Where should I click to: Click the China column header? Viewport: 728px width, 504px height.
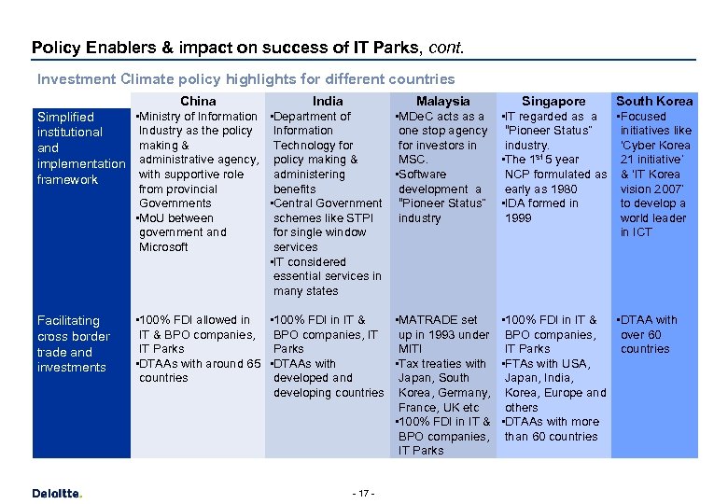point(198,101)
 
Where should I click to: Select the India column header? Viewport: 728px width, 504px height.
point(328,101)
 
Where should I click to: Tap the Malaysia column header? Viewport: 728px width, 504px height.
point(442,101)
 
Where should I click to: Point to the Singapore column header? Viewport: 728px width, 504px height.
point(553,101)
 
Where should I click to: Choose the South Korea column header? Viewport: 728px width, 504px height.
point(654,101)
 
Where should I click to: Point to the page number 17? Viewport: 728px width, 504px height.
point(364,492)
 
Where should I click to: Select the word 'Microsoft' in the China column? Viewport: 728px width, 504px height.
point(163,246)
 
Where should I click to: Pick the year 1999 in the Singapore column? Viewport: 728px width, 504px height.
point(519,217)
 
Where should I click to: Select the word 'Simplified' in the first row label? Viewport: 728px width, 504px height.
point(65,117)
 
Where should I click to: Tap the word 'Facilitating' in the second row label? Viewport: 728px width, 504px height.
point(68,320)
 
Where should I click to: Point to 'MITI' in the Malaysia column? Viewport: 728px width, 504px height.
point(412,349)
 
